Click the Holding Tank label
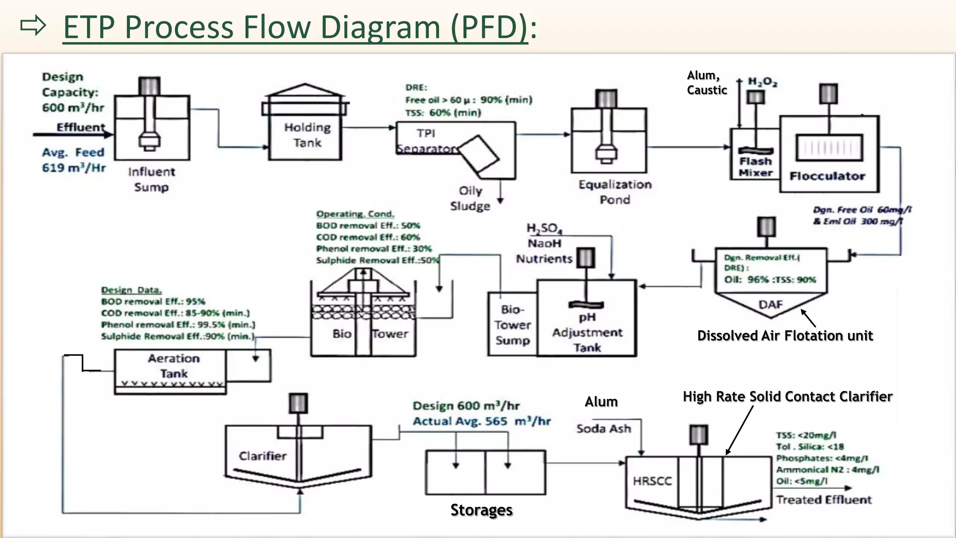point(307,135)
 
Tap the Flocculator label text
point(827,176)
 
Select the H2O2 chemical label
point(762,82)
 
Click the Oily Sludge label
point(470,198)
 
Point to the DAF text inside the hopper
point(770,304)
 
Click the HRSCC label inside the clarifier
point(652,481)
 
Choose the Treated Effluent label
point(823,500)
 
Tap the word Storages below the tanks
point(481,510)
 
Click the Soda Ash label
point(604,429)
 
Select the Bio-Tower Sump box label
point(513,325)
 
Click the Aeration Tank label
point(174,366)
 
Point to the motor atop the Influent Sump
point(149,86)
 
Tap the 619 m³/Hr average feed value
point(74,168)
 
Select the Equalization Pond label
point(615,192)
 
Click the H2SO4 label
point(544,228)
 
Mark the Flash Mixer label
point(755,167)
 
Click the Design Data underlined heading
point(131,290)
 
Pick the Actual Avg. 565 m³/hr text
point(481,421)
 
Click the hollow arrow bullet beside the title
point(33,26)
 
